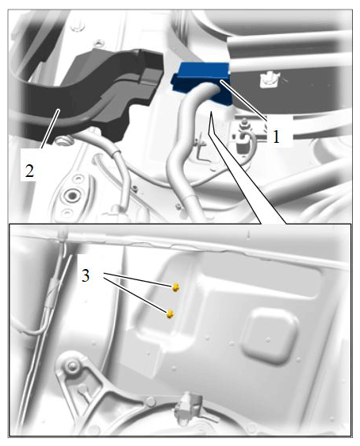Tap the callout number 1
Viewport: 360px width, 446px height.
[x=276, y=137]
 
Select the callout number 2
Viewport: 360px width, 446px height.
[x=29, y=171]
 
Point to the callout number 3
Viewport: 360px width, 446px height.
[x=86, y=275]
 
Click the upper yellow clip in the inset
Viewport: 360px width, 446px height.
[x=176, y=287]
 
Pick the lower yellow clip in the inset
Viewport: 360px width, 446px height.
[x=170, y=314]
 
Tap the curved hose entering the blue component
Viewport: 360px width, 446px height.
[x=186, y=148]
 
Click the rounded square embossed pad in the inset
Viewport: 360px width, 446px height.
[x=270, y=336]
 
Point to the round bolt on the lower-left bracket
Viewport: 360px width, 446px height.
[x=71, y=365]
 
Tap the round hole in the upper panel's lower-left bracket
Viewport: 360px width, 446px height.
[x=71, y=196]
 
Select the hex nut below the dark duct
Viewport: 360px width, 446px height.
[x=60, y=140]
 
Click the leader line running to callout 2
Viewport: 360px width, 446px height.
[x=50, y=129]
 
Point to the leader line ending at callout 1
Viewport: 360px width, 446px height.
[x=243, y=99]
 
